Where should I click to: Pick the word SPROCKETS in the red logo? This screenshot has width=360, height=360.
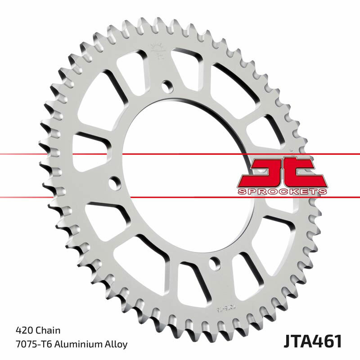(x=281, y=192)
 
